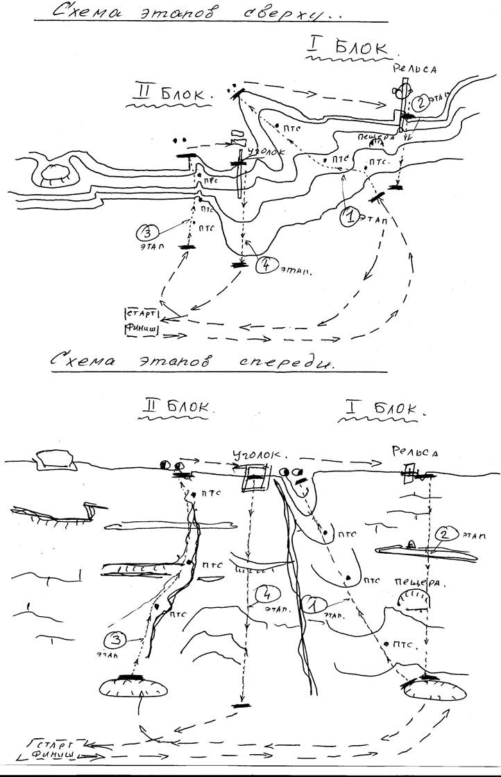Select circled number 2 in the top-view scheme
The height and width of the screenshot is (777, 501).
tap(421, 103)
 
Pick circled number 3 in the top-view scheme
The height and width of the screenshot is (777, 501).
tap(148, 232)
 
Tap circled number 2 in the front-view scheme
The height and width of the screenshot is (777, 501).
tap(448, 534)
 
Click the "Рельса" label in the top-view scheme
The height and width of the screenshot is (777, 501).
tap(413, 68)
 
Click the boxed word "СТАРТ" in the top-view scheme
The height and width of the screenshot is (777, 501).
tap(141, 314)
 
